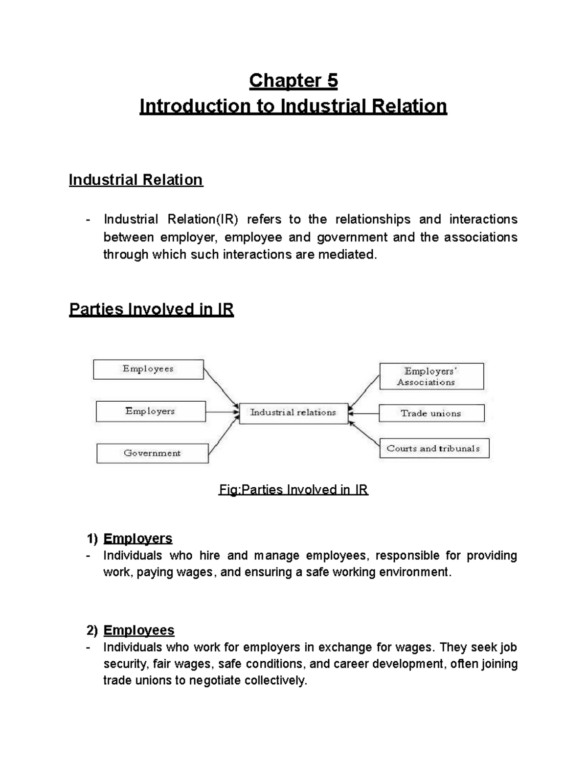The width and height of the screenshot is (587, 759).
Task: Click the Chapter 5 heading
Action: [x=293, y=81]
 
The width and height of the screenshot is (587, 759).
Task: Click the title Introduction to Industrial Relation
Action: [x=293, y=106]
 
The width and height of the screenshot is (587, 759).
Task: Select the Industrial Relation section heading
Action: [x=135, y=180]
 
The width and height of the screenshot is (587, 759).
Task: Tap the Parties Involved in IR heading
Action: [x=151, y=309]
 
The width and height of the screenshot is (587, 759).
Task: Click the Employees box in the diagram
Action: [x=148, y=369]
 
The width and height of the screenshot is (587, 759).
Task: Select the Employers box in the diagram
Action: [x=151, y=412]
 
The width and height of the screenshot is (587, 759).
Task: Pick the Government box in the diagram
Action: [x=152, y=453]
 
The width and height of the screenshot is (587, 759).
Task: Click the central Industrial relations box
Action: [x=293, y=413]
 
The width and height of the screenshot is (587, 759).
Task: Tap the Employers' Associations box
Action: [x=431, y=376]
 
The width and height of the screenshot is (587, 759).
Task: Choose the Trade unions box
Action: [x=431, y=413]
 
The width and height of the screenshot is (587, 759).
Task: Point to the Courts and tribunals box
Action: [x=434, y=448]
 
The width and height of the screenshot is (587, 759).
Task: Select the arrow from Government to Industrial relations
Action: [x=223, y=433]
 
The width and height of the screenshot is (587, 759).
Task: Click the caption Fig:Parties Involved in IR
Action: [x=293, y=490]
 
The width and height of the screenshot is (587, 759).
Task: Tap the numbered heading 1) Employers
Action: [x=130, y=539]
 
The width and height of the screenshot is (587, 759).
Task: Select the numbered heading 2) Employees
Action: [x=131, y=630]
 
